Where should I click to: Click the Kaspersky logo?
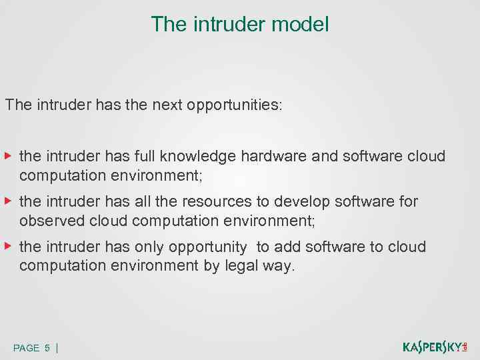pyautogui.click(x=435, y=347)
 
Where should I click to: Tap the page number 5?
pyautogui.click(x=47, y=348)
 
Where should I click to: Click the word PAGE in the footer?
pyautogui.click(x=26, y=348)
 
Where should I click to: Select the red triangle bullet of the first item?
pyautogui.click(x=7, y=156)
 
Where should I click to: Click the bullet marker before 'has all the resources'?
pyautogui.click(x=7, y=201)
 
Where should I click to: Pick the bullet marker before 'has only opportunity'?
pyautogui.click(x=7, y=246)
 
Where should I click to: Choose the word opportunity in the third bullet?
pyautogui.click(x=208, y=247)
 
